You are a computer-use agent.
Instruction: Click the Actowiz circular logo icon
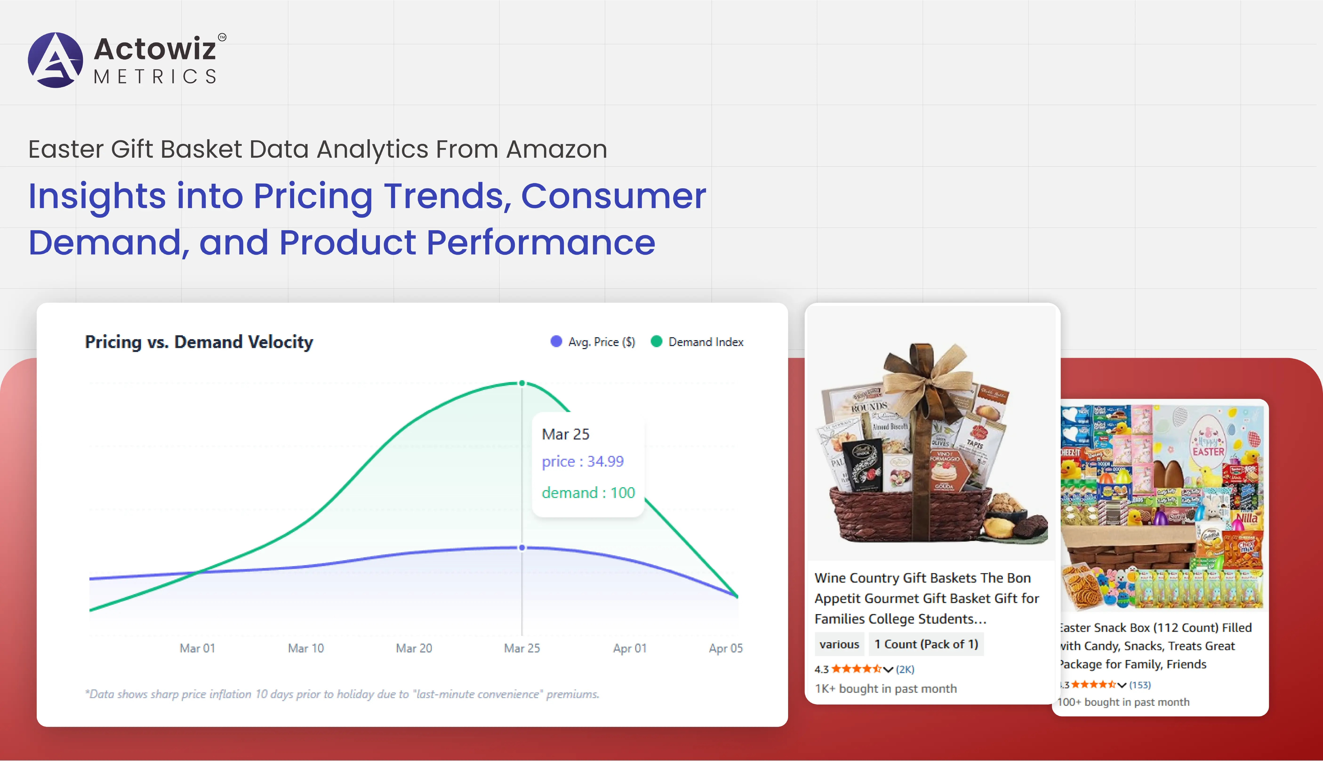[55, 60]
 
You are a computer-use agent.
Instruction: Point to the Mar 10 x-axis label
[306, 648]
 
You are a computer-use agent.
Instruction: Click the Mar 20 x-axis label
[414, 648]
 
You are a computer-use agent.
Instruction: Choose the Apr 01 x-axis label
[630, 648]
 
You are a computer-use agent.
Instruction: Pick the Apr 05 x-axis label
[725, 648]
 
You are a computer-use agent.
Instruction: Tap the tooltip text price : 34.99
[583, 462]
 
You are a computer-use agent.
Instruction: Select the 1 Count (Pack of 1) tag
[926, 644]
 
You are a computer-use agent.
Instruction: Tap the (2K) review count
[905, 669]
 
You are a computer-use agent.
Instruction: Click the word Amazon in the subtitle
[557, 149]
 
